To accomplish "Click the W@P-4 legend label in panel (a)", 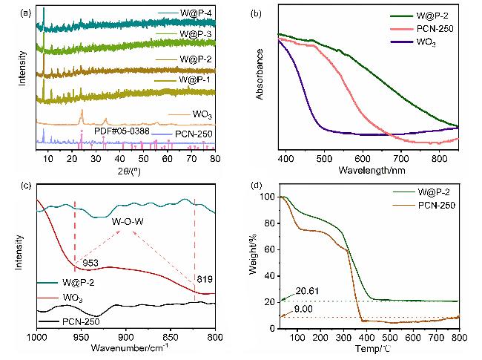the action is point(196,13).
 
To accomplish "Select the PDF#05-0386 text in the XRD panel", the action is point(122,131).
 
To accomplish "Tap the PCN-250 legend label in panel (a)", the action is point(194,134).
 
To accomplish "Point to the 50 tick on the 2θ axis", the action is point(143,158).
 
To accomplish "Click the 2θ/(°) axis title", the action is point(129,171).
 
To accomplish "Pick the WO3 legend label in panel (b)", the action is point(426,42).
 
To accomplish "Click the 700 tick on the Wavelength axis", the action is point(401,159).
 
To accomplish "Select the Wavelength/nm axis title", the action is point(372,170).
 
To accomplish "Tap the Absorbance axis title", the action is point(260,74).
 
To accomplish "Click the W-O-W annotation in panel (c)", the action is point(128,221).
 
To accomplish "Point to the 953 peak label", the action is point(90,263).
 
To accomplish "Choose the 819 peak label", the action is point(205,279).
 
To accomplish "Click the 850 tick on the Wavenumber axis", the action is point(171,337).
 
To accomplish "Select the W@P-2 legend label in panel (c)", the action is point(78,282).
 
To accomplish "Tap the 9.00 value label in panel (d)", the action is point(303,309).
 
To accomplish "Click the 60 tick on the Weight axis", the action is point(269,249).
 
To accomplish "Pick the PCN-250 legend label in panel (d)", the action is point(437,205).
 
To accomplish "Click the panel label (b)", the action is point(256,13).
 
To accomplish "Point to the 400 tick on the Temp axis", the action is point(367,338).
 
